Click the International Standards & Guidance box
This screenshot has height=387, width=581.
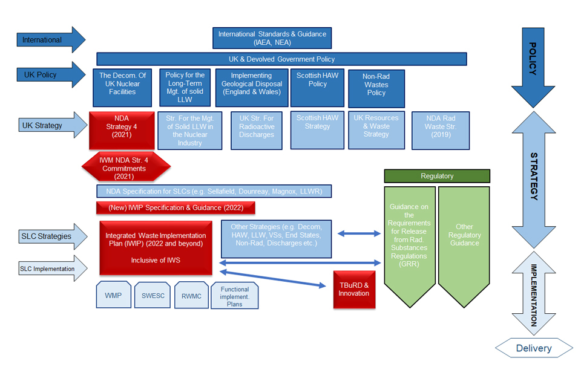point(272,38)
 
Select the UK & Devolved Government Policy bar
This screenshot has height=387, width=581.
point(281,59)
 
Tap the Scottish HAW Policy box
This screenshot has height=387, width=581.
point(317,88)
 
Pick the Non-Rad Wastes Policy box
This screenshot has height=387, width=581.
point(376,88)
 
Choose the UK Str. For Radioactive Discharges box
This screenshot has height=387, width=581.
point(257,130)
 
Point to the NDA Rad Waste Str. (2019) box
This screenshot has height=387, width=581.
point(440,130)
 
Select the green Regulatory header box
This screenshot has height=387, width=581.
point(437,176)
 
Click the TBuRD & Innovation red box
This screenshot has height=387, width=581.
point(354,289)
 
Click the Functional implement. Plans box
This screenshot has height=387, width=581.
point(234,296)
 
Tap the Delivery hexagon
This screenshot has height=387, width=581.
point(534,348)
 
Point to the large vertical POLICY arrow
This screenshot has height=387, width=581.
point(533,67)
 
